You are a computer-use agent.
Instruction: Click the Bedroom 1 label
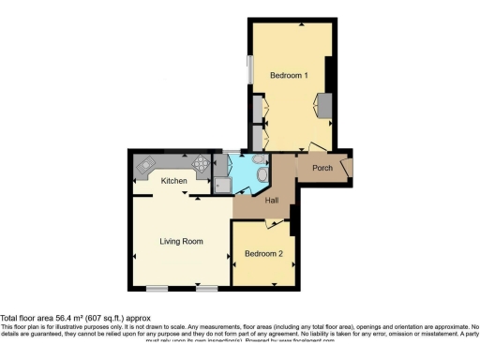tap(289, 74)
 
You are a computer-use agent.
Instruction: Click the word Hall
tap(271, 201)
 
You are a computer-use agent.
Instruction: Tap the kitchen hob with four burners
tap(200, 163)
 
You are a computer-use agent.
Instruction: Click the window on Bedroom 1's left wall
tap(249, 74)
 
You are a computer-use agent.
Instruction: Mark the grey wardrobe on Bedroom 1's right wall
tap(324, 105)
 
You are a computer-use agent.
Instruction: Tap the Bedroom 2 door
tap(274, 222)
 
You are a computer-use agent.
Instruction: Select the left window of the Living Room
tap(156, 287)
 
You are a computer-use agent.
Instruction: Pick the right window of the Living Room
tap(202, 287)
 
